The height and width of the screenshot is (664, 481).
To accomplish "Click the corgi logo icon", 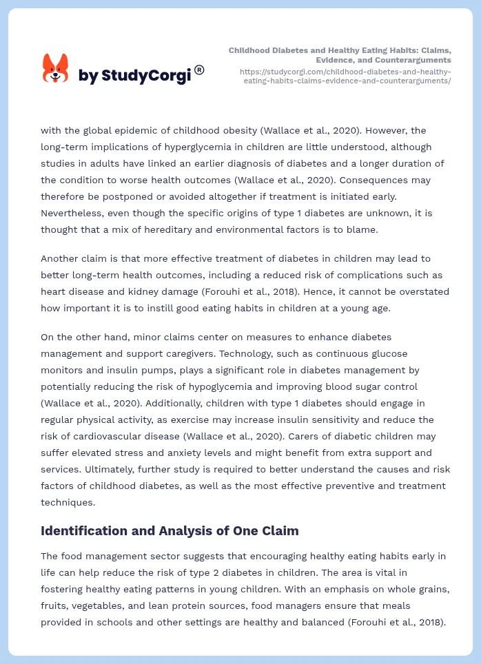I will point(56,68).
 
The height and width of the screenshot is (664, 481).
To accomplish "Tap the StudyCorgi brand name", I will point(134,76).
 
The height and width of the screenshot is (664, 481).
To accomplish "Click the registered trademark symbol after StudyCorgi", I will point(199,70).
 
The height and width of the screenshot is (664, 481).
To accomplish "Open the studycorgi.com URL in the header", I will point(345,76).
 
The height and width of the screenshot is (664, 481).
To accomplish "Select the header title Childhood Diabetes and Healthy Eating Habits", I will point(340,55).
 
